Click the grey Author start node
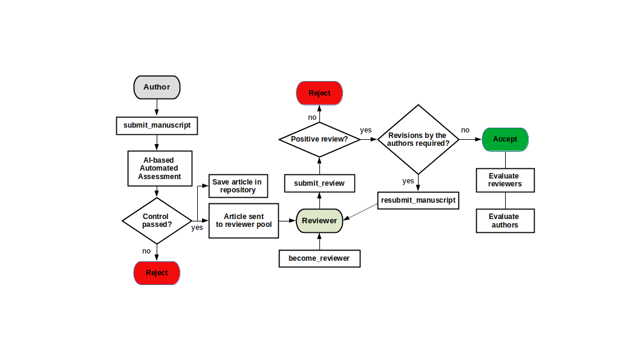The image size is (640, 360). (x=157, y=87)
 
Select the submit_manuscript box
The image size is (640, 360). (x=157, y=125)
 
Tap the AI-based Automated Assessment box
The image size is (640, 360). (x=160, y=168)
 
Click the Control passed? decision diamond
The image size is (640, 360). (x=157, y=220)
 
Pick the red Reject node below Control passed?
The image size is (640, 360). (x=157, y=273)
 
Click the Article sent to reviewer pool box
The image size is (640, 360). (x=244, y=220)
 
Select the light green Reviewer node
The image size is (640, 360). (x=319, y=221)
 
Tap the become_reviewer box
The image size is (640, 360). (x=319, y=258)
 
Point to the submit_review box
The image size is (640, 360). (x=319, y=183)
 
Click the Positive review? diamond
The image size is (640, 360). (x=319, y=139)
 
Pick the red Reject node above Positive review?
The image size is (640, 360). (x=319, y=93)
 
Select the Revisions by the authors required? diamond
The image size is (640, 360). (x=417, y=139)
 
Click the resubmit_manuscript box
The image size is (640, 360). (x=418, y=200)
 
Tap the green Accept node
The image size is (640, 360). (x=505, y=139)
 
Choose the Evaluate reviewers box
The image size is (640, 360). (x=504, y=180)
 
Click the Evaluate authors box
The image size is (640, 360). (x=504, y=221)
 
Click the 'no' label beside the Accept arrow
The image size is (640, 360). (x=465, y=130)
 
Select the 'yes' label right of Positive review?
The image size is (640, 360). (x=366, y=130)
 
